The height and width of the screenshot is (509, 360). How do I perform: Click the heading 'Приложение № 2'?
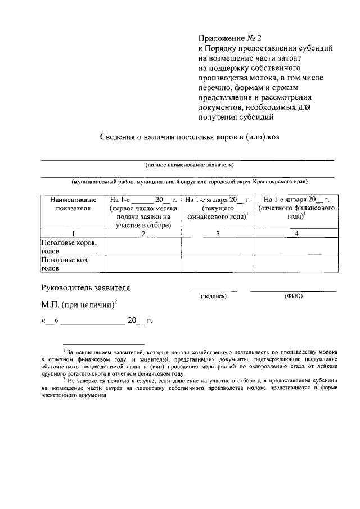coord(231,39)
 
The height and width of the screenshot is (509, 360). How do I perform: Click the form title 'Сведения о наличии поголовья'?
coord(189,137)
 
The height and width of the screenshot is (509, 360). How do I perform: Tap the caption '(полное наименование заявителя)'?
coord(189,165)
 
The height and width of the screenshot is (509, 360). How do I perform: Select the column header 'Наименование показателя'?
coord(73,205)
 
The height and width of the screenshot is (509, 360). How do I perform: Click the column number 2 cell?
coord(143,233)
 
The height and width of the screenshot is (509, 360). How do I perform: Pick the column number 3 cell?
coord(218,233)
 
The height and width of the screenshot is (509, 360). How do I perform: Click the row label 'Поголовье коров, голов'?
coord(69,247)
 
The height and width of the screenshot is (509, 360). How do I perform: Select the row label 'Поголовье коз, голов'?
coord(65,264)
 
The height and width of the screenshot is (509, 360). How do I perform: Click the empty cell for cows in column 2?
coord(143,247)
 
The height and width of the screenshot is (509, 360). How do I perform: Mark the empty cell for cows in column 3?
coord(218,247)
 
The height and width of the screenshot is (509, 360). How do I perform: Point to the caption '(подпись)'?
coord(213,296)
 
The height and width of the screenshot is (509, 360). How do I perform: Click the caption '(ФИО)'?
coord(294,295)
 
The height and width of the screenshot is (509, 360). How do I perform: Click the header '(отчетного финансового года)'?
coord(296,212)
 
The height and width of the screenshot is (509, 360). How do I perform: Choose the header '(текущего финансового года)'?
coord(218,212)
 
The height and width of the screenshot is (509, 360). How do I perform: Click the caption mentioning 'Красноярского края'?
coord(189,182)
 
